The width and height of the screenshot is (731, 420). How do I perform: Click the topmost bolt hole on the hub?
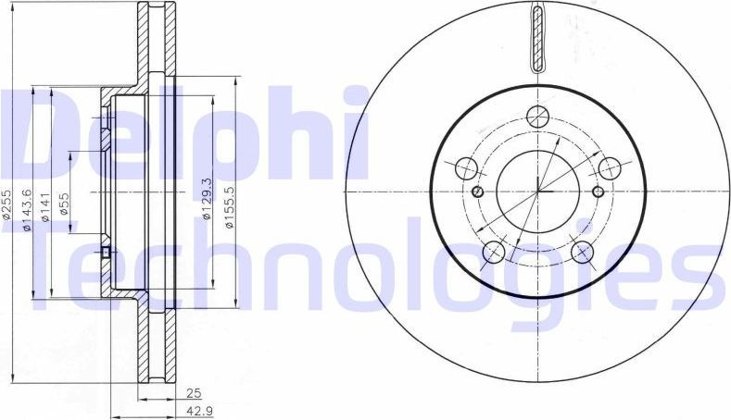pos(537,117)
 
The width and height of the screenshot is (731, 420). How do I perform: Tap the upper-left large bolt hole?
pos(467,168)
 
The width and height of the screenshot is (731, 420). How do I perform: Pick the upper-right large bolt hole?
pos(609,168)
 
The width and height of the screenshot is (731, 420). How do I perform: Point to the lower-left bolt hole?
pos(494,252)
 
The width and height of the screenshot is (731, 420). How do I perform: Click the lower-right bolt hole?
pos(582,252)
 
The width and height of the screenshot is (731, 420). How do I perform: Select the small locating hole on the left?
pos(477,191)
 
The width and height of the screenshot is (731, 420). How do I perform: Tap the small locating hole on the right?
pos(598,191)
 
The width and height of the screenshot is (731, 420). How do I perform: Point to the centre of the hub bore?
pos(537,191)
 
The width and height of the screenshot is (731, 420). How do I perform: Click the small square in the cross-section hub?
pos(105,253)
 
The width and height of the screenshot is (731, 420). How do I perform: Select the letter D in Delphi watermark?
pos(42,134)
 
